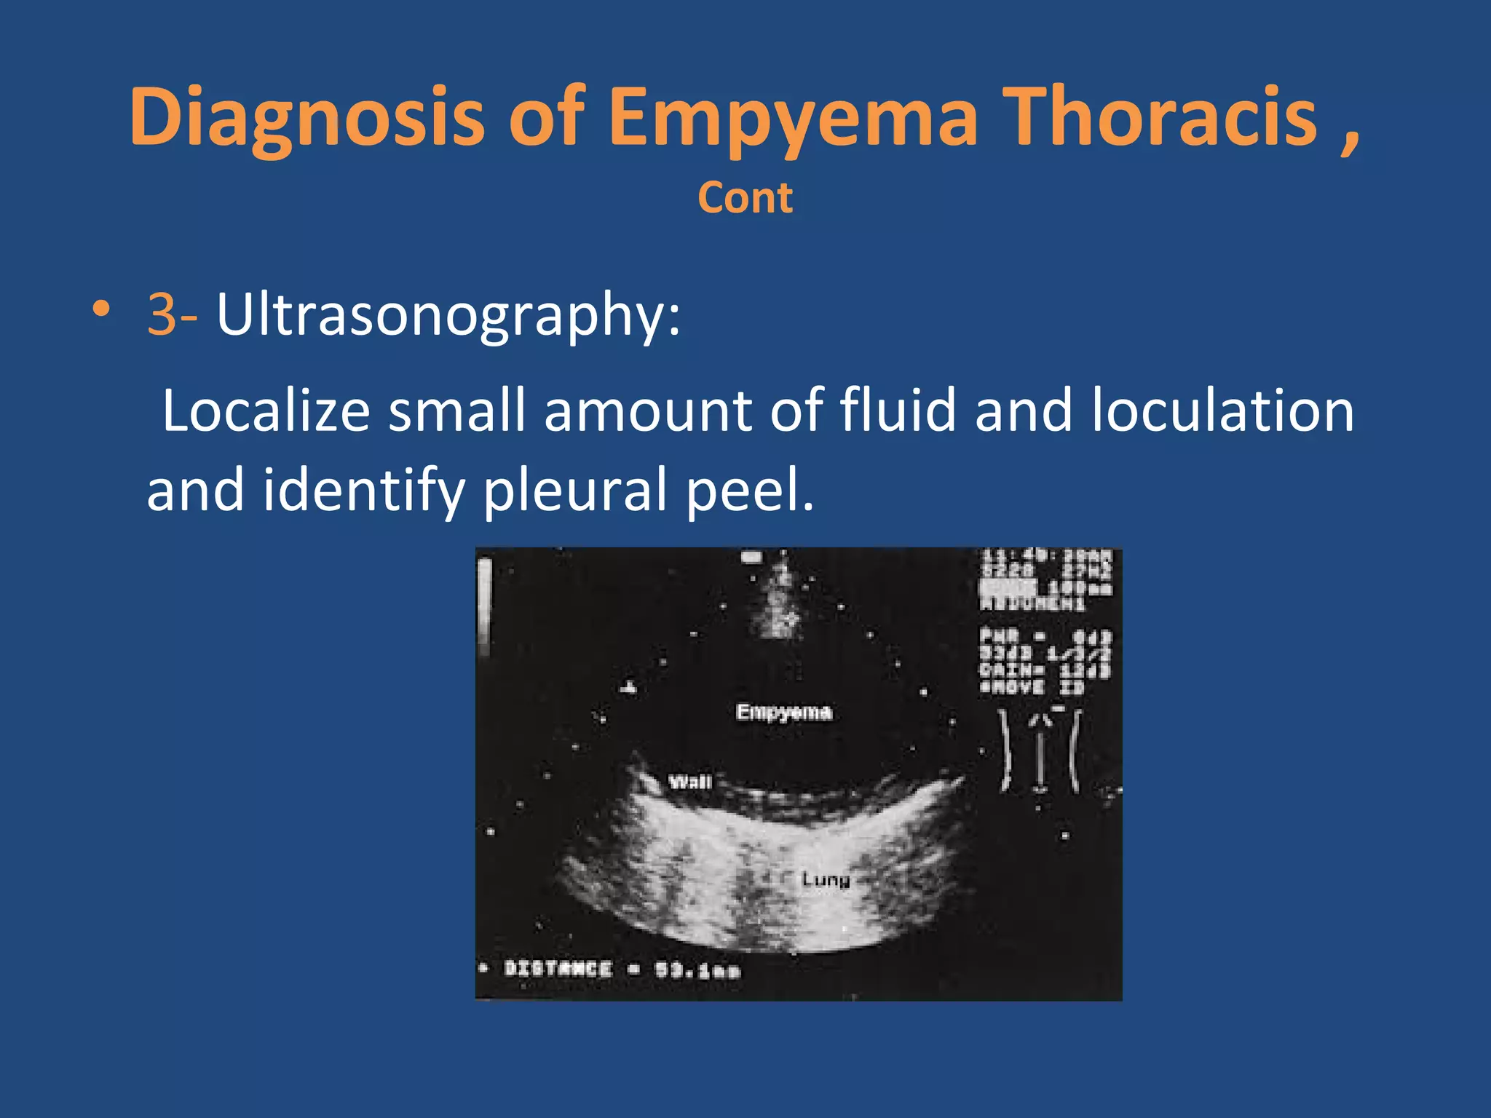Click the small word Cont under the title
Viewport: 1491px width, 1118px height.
pos(745,198)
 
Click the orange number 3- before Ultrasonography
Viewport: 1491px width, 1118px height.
pos(172,314)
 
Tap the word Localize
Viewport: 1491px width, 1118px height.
pos(266,411)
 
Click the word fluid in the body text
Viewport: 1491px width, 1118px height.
pos(898,411)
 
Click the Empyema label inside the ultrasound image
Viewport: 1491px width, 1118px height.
pos(783,712)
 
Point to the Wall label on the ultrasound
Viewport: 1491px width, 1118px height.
pos(689,782)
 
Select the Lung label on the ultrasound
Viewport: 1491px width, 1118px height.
pos(826,880)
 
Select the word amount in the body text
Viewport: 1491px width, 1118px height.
pos(648,411)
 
